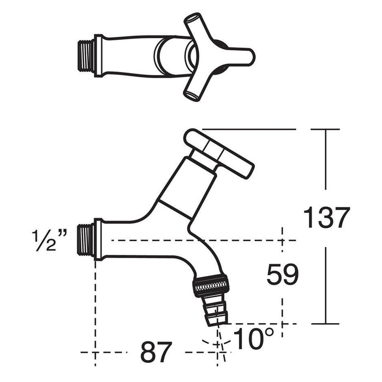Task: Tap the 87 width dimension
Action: pyautogui.click(x=156, y=353)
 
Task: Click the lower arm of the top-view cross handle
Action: pyautogui.click(x=194, y=87)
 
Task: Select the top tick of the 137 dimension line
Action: pyautogui.click(x=325, y=129)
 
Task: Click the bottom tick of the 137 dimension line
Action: pyautogui.click(x=325, y=324)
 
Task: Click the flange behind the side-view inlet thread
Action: pyautogui.click(x=98, y=239)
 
